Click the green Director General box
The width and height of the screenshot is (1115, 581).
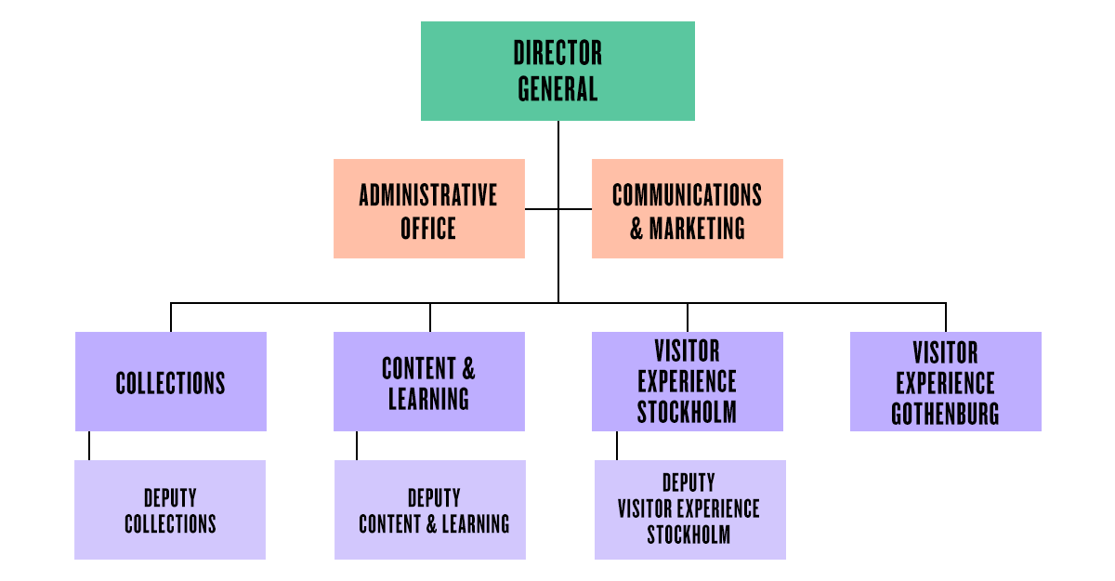pyautogui.click(x=557, y=72)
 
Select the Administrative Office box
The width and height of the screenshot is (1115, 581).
pyautogui.click(x=428, y=208)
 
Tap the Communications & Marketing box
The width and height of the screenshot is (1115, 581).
pyautogui.click(x=687, y=208)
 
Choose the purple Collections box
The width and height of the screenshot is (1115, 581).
pyautogui.click(x=170, y=381)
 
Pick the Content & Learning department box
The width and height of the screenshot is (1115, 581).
pyautogui.click(x=428, y=381)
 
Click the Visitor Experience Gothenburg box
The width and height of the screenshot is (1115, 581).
pyautogui.click(x=945, y=381)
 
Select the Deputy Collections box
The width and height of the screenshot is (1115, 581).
pyautogui.click(x=170, y=509)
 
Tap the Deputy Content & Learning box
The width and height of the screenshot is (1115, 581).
pyautogui.click(x=429, y=509)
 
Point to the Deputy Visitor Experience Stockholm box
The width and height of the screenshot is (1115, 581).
pyautogui.click(x=689, y=509)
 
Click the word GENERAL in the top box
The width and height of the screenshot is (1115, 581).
pyautogui.click(x=557, y=89)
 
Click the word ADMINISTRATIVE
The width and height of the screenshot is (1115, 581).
pyautogui.click(x=428, y=195)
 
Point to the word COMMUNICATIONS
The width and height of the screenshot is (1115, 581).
pyautogui.click(x=687, y=195)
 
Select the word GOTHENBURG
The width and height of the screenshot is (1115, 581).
pyautogui.click(x=945, y=414)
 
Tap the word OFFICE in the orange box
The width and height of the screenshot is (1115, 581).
pyautogui.click(x=428, y=228)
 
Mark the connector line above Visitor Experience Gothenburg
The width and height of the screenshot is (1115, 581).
pyautogui.click(x=946, y=317)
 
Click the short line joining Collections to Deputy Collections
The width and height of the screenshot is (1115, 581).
pyautogui.click(x=89, y=445)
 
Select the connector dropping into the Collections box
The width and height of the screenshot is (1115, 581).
pyautogui.click(x=171, y=317)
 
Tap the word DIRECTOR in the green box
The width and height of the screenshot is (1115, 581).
pyautogui.click(x=557, y=53)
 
